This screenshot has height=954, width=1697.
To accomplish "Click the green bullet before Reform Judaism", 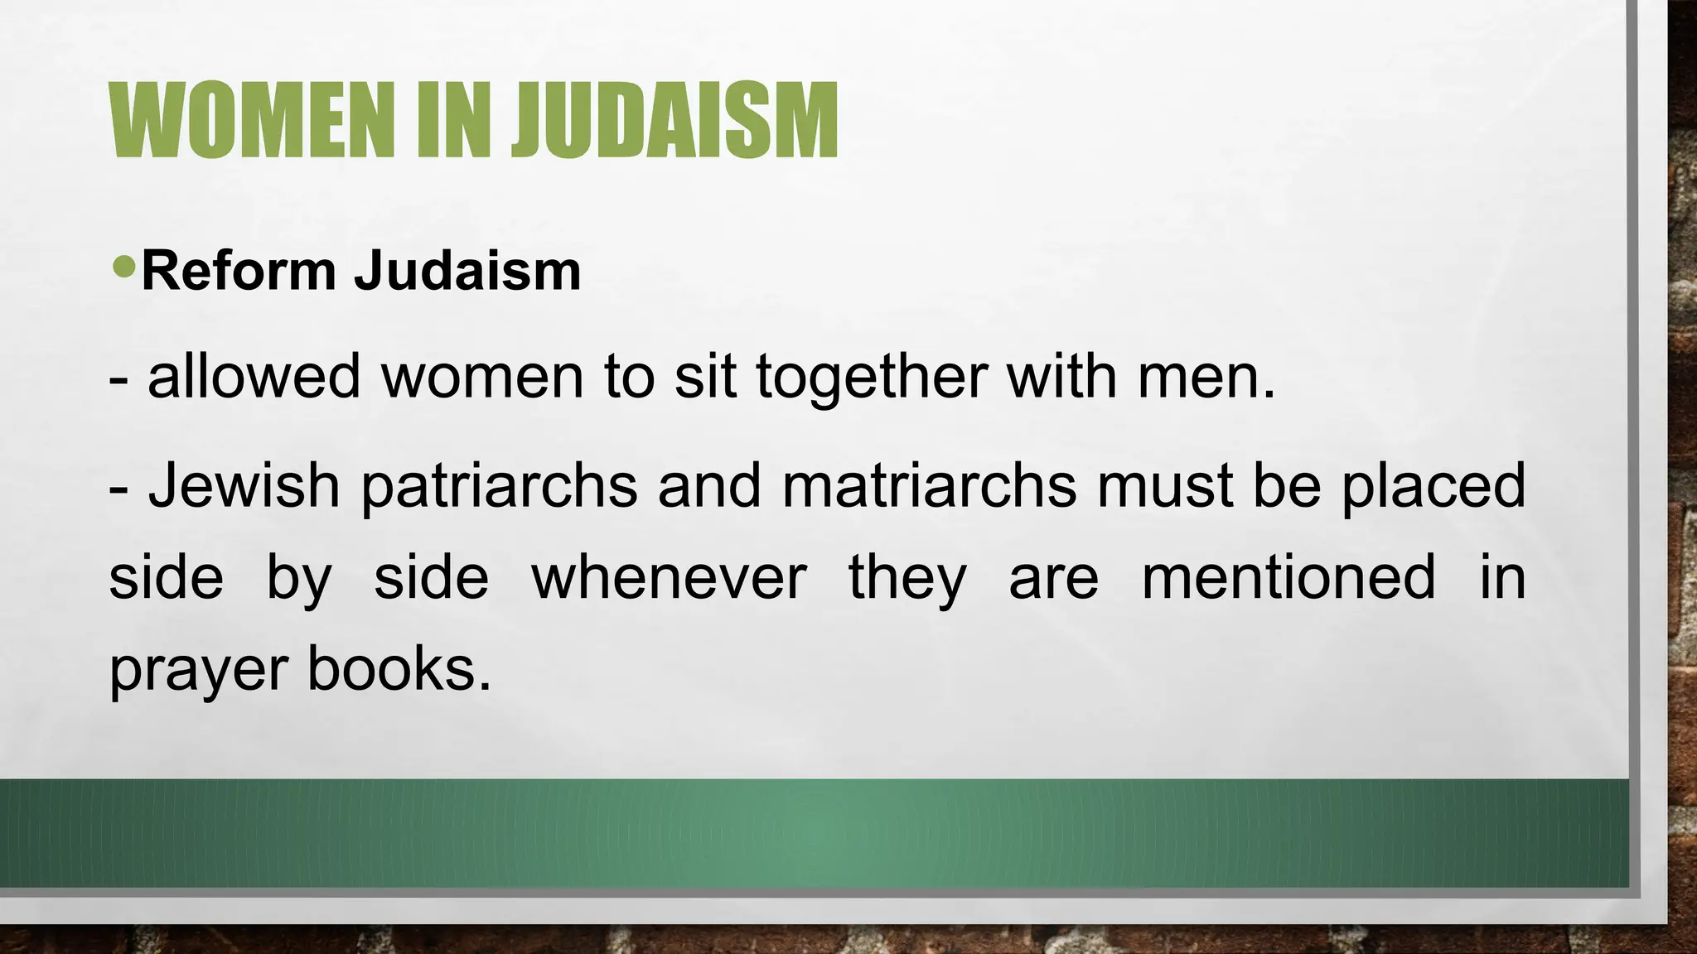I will (x=124, y=267).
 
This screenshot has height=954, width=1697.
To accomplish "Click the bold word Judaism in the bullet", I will (x=467, y=271).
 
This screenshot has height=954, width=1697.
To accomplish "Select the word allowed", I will (x=254, y=376).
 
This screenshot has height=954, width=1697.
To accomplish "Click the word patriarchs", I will (x=499, y=487).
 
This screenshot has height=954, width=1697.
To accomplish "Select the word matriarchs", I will (x=929, y=485).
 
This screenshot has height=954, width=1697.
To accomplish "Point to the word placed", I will (x=1434, y=487).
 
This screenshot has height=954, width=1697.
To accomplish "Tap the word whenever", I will (x=669, y=577).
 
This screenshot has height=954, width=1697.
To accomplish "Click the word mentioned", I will (x=1288, y=577).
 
